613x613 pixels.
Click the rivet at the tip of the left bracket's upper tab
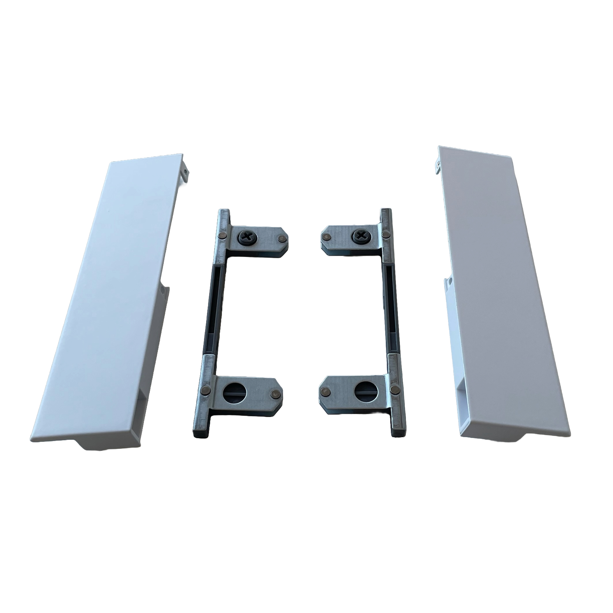tap(279, 237)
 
